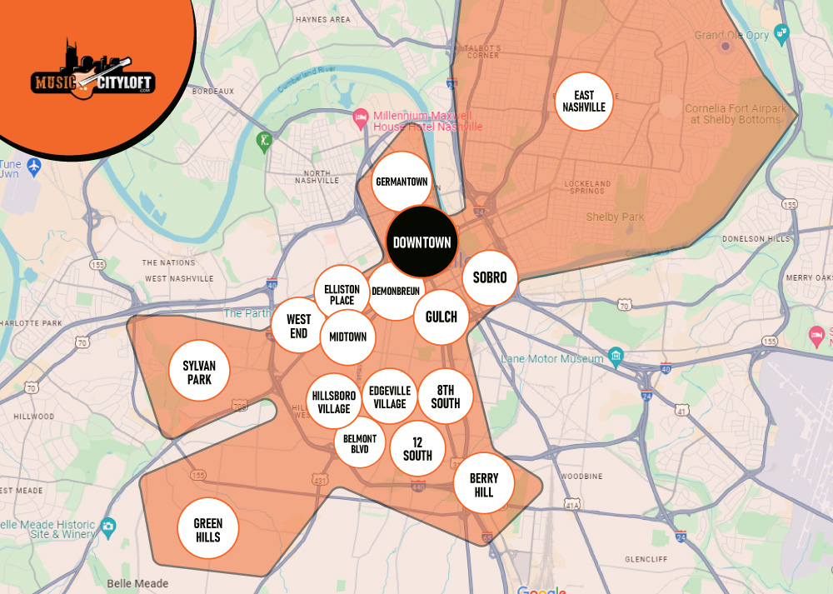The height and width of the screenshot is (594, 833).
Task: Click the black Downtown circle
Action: [x=422, y=242]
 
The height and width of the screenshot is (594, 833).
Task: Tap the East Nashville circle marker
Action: [x=584, y=102]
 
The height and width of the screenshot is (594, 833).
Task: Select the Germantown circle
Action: [x=402, y=181]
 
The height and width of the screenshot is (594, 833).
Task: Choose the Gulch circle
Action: [x=441, y=317]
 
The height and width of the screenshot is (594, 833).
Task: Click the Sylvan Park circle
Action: [x=199, y=372]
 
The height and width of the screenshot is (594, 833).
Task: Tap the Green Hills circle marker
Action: [x=208, y=530]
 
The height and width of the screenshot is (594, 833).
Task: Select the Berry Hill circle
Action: [x=483, y=484]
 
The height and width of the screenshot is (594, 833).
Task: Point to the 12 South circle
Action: [x=417, y=449]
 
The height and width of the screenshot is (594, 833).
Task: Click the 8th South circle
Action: [x=445, y=397]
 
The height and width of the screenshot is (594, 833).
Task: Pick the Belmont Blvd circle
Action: [x=360, y=443]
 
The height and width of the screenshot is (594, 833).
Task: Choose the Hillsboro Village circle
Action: [x=334, y=402]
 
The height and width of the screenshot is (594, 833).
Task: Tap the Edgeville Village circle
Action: [x=389, y=397]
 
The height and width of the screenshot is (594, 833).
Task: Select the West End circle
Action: [x=298, y=326]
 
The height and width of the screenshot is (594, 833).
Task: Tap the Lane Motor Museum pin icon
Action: [x=616, y=357]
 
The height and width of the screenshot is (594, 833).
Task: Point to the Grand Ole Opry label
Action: [x=733, y=35]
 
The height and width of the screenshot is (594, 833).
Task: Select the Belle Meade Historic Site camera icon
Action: [x=107, y=527]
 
